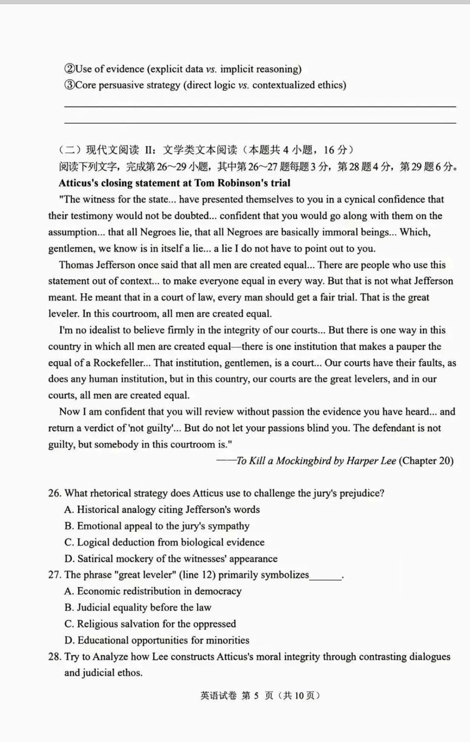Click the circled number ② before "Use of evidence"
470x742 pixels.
coord(69,69)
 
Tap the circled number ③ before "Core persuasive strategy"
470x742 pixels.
coord(69,85)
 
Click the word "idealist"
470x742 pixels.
coord(108,330)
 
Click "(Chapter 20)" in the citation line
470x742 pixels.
coord(426,461)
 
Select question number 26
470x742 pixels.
coord(54,493)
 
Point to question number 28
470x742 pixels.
coord(54,657)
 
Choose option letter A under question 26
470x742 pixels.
coord(69,510)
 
